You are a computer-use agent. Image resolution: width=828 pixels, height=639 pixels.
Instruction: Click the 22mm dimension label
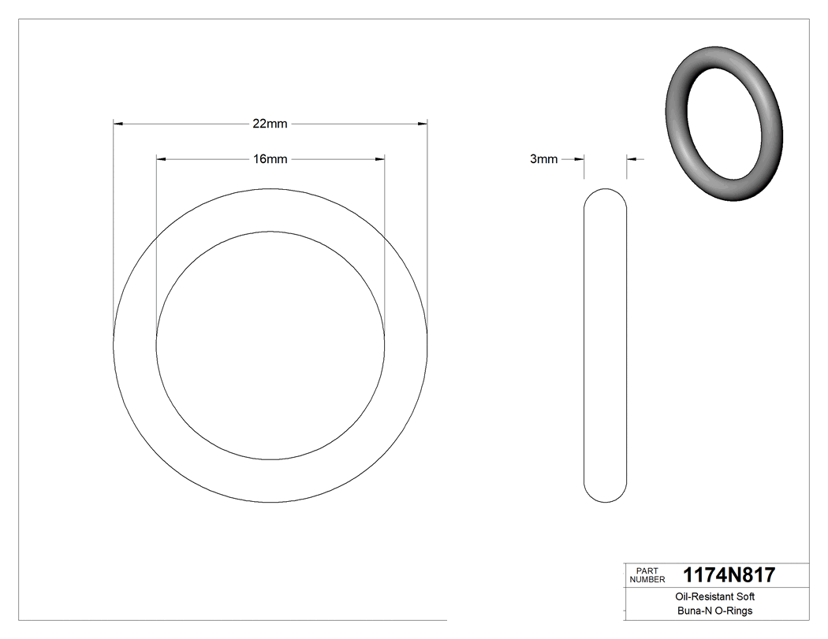tap(270, 124)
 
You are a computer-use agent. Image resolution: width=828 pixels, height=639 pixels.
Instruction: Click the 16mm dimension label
tap(270, 159)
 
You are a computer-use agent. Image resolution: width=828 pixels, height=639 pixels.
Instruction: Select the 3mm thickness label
tap(543, 159)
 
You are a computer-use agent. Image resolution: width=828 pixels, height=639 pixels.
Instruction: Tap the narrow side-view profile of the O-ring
tap(605, 347)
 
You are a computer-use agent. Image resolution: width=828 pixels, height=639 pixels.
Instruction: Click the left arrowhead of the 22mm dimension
tap(118, 124)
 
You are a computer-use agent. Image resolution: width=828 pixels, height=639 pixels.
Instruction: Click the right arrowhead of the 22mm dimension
tap(422, 124)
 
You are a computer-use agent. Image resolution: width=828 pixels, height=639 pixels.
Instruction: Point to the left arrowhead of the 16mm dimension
tap(161, 159)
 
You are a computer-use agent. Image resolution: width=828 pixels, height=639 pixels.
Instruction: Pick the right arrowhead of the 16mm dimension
tap(380, 159)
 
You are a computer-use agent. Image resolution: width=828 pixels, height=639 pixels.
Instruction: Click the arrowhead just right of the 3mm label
tap(579, 159)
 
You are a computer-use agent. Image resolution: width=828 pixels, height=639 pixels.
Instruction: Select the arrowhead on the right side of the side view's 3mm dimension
tap(632, 159)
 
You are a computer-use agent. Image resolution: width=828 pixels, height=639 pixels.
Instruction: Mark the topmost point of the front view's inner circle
tap(270, 232)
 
